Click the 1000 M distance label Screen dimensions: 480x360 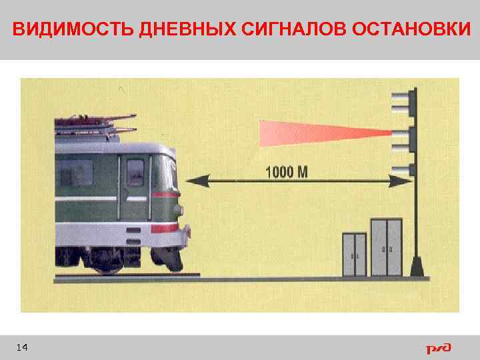click(x=287, y=172)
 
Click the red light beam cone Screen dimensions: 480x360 click(x=313, y=132)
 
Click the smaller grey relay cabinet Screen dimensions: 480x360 click(x=354, y=254)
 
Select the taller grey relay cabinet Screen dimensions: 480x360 click(x=386, y=246)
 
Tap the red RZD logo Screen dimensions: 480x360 click(x=439, y=348)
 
